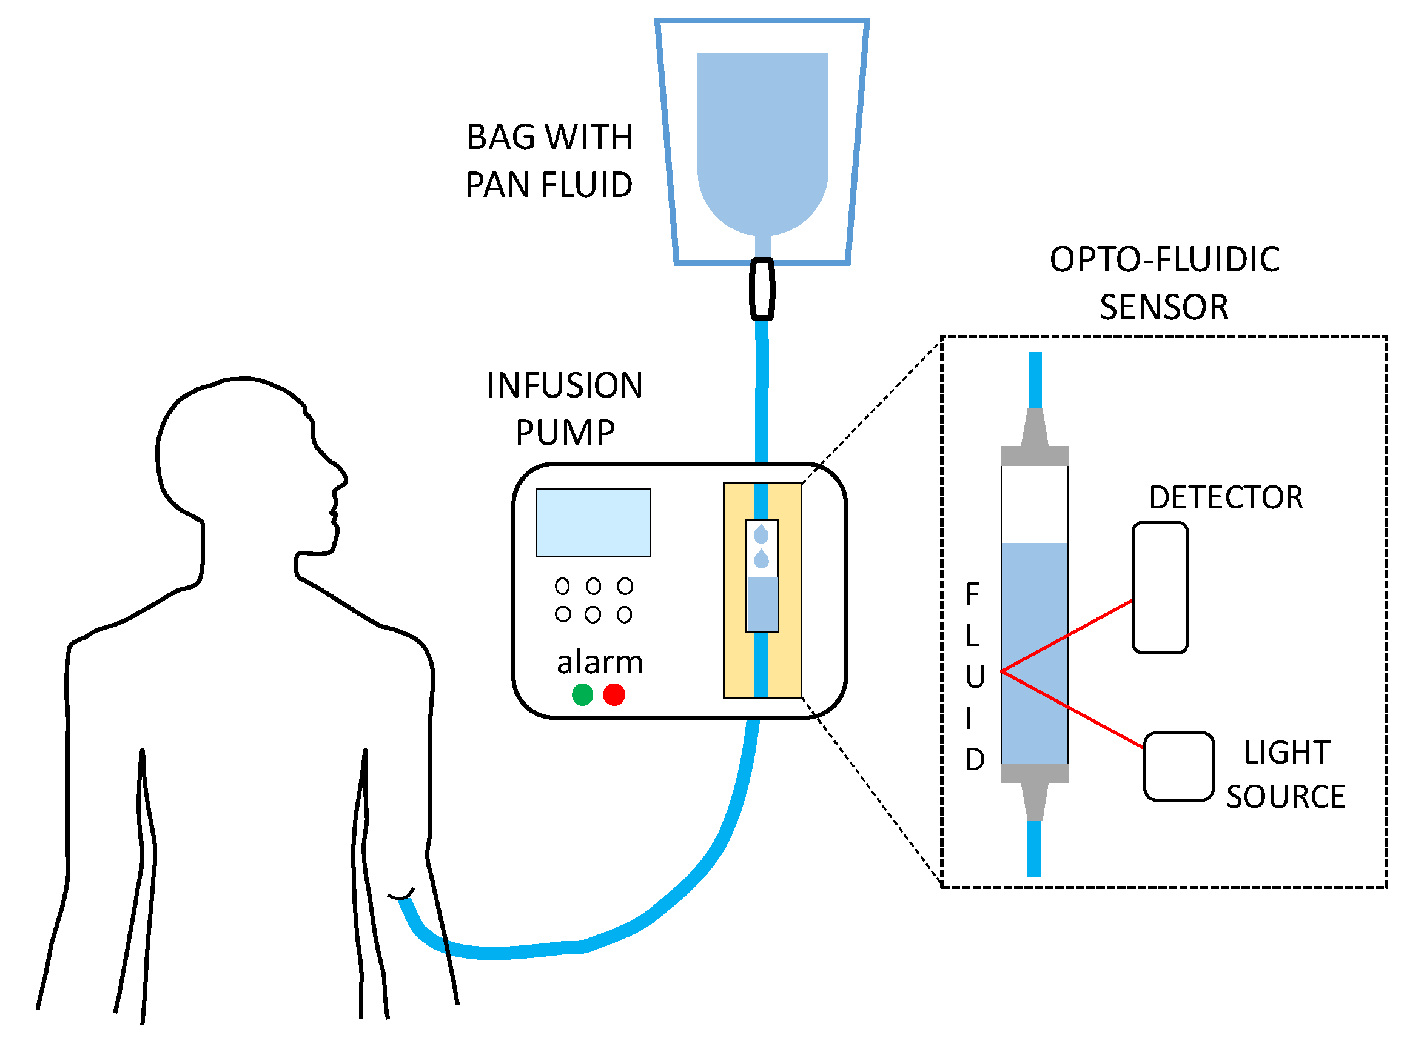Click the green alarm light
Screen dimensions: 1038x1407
[582, 695]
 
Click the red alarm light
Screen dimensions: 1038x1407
[614, 695]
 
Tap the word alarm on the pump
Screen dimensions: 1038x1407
[599, 662]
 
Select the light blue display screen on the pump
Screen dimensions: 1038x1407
[593, 523]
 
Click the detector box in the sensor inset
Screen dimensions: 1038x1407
[1160, 588]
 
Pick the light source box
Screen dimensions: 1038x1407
[1178, 767]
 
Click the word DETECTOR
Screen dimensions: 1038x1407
[1225, 497]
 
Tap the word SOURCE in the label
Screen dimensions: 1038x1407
[1285, 797]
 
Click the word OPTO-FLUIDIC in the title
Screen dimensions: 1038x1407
[1164, 259]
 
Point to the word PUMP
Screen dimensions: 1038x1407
[565, 433]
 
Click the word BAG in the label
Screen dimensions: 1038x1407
[500, 137]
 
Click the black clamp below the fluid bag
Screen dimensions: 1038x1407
[762, 289]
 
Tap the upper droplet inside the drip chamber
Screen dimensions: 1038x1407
[761, 534]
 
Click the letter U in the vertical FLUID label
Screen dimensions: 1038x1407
[975, 677]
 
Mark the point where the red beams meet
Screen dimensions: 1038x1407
[1002, 671]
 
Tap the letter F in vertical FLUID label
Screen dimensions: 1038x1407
[972, 594]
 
